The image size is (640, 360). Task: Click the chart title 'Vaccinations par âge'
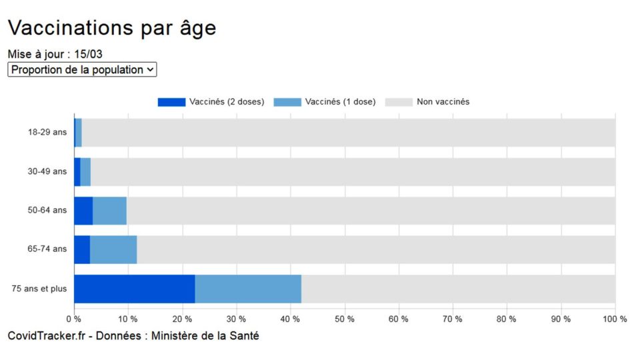pos(112,28)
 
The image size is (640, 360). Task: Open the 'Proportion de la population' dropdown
pos(82,69)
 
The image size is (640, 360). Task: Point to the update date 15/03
pos(88,54)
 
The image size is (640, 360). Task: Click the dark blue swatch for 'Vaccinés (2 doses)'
pos(171,102)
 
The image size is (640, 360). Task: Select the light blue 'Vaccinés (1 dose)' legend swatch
pos(287,102)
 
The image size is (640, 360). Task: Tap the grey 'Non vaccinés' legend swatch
pos(399,102)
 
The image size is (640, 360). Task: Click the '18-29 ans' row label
pos(47,132)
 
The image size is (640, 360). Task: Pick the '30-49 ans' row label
pos(47,171)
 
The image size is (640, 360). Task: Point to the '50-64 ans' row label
pos(47,210)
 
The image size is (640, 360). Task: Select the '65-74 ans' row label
pos(47,249)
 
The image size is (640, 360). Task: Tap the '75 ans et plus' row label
pos(39,289)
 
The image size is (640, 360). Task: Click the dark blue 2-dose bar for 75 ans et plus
pos(135,289)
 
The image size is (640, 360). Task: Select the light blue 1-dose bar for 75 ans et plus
pos(248,289)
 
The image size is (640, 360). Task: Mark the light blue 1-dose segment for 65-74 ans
pos(113,250)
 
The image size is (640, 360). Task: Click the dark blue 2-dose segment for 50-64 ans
pos(84,211)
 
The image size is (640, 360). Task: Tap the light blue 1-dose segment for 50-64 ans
pos(110,211)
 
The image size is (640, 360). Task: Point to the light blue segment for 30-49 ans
pos(85,172)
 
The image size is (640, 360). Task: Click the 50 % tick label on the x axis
pos(345,319)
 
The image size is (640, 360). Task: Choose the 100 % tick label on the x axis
pos(615,319)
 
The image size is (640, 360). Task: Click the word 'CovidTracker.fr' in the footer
pos(47,336)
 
